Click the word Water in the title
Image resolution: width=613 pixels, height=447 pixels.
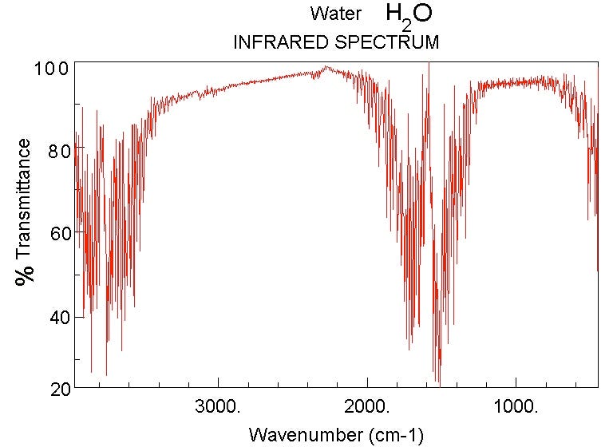click(x=336, y=14)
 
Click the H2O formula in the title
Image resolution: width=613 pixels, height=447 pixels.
click(x=409, y=14)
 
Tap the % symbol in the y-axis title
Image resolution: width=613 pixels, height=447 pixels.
click(x=26, y=274)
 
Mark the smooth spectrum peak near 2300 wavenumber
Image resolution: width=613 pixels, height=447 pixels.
click(x=326, y=67)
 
